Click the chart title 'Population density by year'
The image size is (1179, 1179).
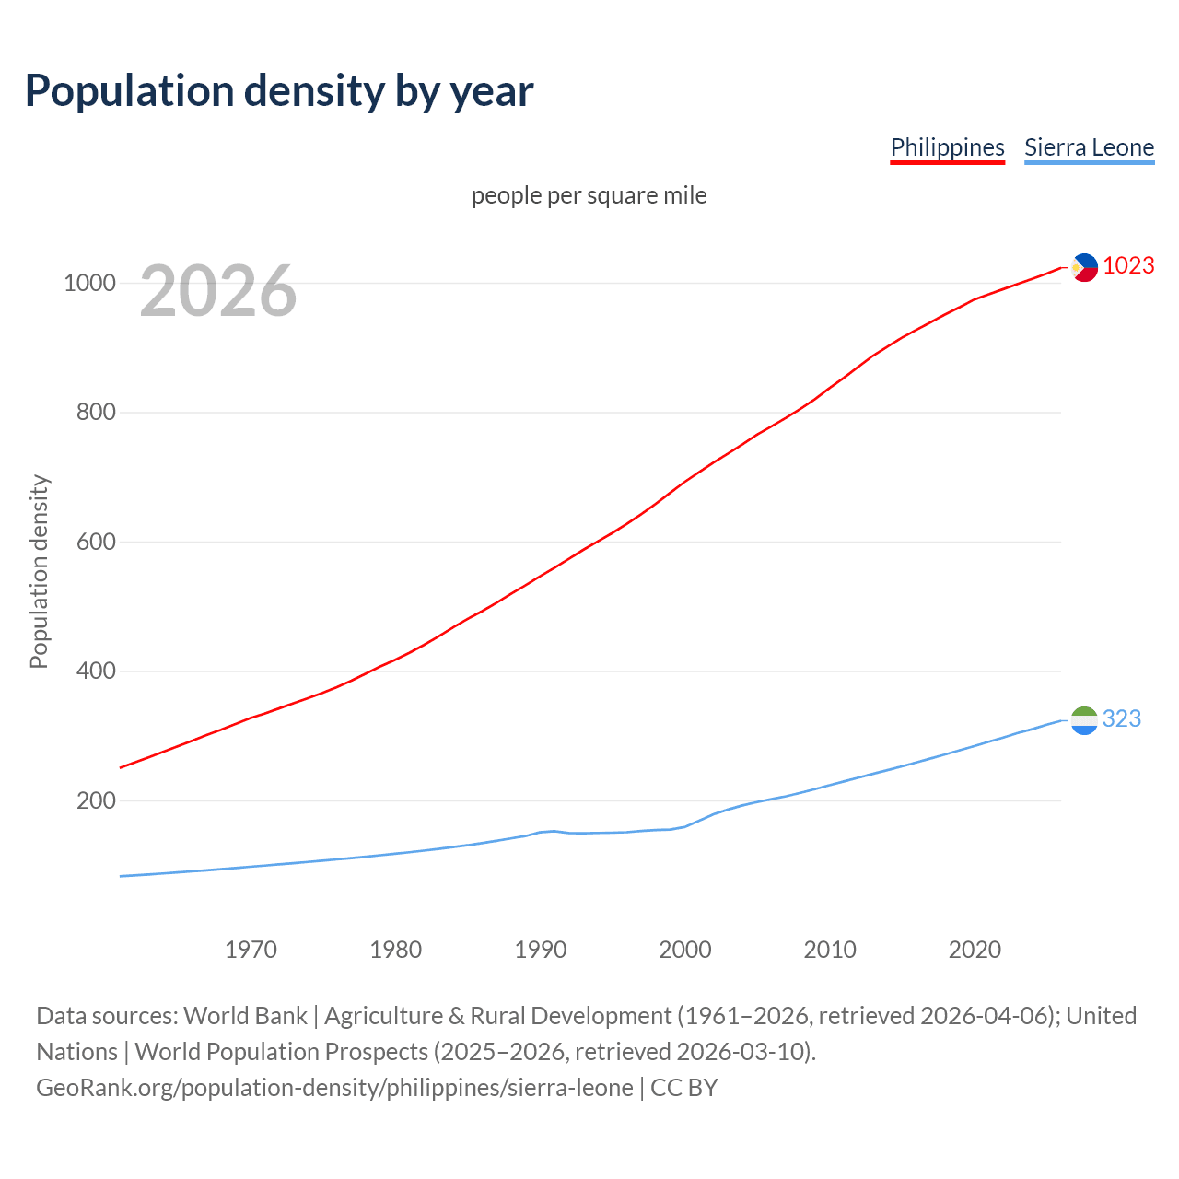click(x=279, y=91)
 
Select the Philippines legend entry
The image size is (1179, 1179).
click(x=947, y=147)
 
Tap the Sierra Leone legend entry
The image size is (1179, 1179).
click(x=1089, y=147)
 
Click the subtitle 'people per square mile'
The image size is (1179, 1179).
click(x=589, y=195)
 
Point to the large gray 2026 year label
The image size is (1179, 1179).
click(x=218, y=291)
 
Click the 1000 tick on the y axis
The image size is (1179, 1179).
click(x=89, y=283)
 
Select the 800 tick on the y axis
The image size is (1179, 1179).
click(x=96, y=412)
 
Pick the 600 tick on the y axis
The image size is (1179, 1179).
click(x=96, y=542)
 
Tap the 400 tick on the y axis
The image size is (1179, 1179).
click(x=96, y=671)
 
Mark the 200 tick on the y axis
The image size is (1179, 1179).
click(x=96, y=800)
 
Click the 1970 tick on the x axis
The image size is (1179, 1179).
click(x=251, y=950)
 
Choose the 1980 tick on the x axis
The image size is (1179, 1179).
click(x=395, y=950)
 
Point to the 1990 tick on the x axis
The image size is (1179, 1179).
click(x=541, y=950)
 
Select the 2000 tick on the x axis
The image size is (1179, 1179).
click(x=685, y=950)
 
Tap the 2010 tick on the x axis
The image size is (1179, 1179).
click(x=830, y=950)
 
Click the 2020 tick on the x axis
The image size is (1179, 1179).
click(x=975, y=950)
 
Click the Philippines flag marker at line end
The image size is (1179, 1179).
click(x=1085, y=267)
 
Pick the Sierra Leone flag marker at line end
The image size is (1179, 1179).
click(x=1085, y=720)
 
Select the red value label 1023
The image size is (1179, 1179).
click(x=1128, y=265)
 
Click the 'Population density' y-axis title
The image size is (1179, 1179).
click(x=39, y=571)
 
